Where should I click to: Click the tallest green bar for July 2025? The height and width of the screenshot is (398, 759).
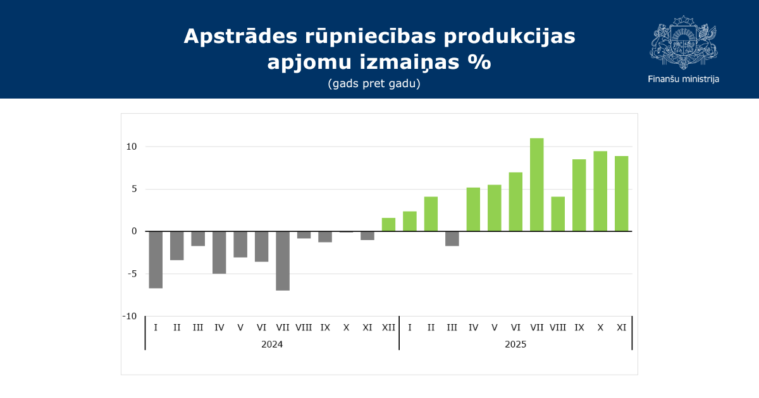(x=536, y=184)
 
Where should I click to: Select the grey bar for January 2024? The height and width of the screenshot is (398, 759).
(x=156, y=260)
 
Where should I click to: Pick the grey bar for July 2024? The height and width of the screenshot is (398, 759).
(x=283, y=260)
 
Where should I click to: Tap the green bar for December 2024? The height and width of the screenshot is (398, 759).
(x=388, y=225)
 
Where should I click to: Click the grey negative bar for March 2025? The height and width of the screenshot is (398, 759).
(x=452, y=238)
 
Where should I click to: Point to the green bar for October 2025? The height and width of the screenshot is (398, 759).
(x=600, y=191)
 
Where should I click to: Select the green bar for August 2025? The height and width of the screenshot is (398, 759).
(x=558, y=214)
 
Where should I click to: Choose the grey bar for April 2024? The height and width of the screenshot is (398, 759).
(x=219, y=252)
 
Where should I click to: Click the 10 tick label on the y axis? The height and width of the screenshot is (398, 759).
(x=132, y=147)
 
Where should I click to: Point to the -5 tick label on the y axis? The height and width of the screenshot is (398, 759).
(x=132, y=274)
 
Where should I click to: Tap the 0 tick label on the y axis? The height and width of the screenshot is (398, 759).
(x=134, y=231)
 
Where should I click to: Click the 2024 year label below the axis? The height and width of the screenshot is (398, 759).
(x=272, y=344)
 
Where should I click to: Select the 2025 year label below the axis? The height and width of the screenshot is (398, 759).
(x=515, y=344)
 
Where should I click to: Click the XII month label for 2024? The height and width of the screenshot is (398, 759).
(x=388, y=327)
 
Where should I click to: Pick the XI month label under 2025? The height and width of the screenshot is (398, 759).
(x=621, y=327)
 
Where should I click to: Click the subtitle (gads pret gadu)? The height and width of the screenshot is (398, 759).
(x=374, y=83)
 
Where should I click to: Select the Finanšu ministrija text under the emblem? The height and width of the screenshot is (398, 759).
(x=683, y=79)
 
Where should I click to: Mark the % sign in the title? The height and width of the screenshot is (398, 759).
(x=479, y=63)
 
